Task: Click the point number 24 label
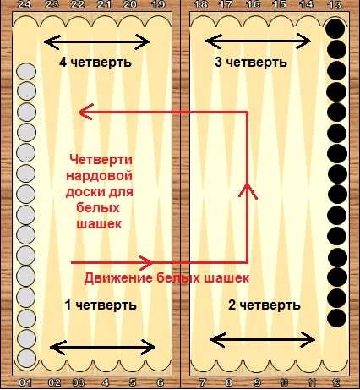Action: [x=26, y=4]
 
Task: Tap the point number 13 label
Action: [x=335, y=4]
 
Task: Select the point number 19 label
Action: [x=158, y=4]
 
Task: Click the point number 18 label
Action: [x=201, y=4]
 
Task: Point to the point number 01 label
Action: [x=25, y=382]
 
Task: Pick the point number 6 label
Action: [x=161, y=382]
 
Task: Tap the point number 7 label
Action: [x=202, y=382]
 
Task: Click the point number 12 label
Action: [x=335, y=382]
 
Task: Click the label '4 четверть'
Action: [x=95, y=63]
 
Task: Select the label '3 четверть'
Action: [x=251, y=62]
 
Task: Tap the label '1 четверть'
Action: [x=101, y=305]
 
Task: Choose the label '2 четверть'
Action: [x=264, y=305]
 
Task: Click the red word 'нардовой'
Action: [x=99, y=176]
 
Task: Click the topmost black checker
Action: [x=335, y=29]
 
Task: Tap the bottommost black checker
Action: [x=337, y=318]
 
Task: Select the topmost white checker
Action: [x=26, y=72]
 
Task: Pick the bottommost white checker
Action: [x=26, y=359]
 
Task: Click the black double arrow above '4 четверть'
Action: [x=96, y=42]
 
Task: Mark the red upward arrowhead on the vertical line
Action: [x=248, y=190]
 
